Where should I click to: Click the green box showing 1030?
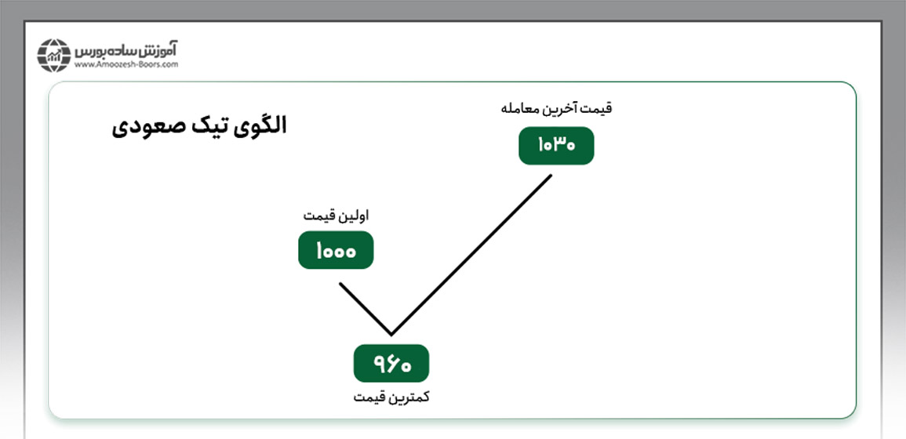tap(556, 146)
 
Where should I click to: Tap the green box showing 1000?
tap(336, 250)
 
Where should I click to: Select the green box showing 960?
tap(391, 363)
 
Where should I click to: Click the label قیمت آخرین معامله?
tap(556, 109)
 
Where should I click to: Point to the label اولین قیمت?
tap(336, 216)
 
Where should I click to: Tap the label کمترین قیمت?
tap(391, 398)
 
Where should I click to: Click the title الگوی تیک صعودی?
tap(198, 126)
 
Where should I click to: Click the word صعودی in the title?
tap(141, 126)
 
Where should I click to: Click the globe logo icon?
tap(54, 56)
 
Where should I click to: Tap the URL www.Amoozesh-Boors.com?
tap(126, 65)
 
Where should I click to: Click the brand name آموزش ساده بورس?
tap(126, 50)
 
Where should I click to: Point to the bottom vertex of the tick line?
tap(391, 335)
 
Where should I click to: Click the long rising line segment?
tap(471, 254)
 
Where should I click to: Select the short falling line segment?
tap(366, 308)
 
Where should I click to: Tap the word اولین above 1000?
tap(354, 216)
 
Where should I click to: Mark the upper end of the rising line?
tap(551, 175)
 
